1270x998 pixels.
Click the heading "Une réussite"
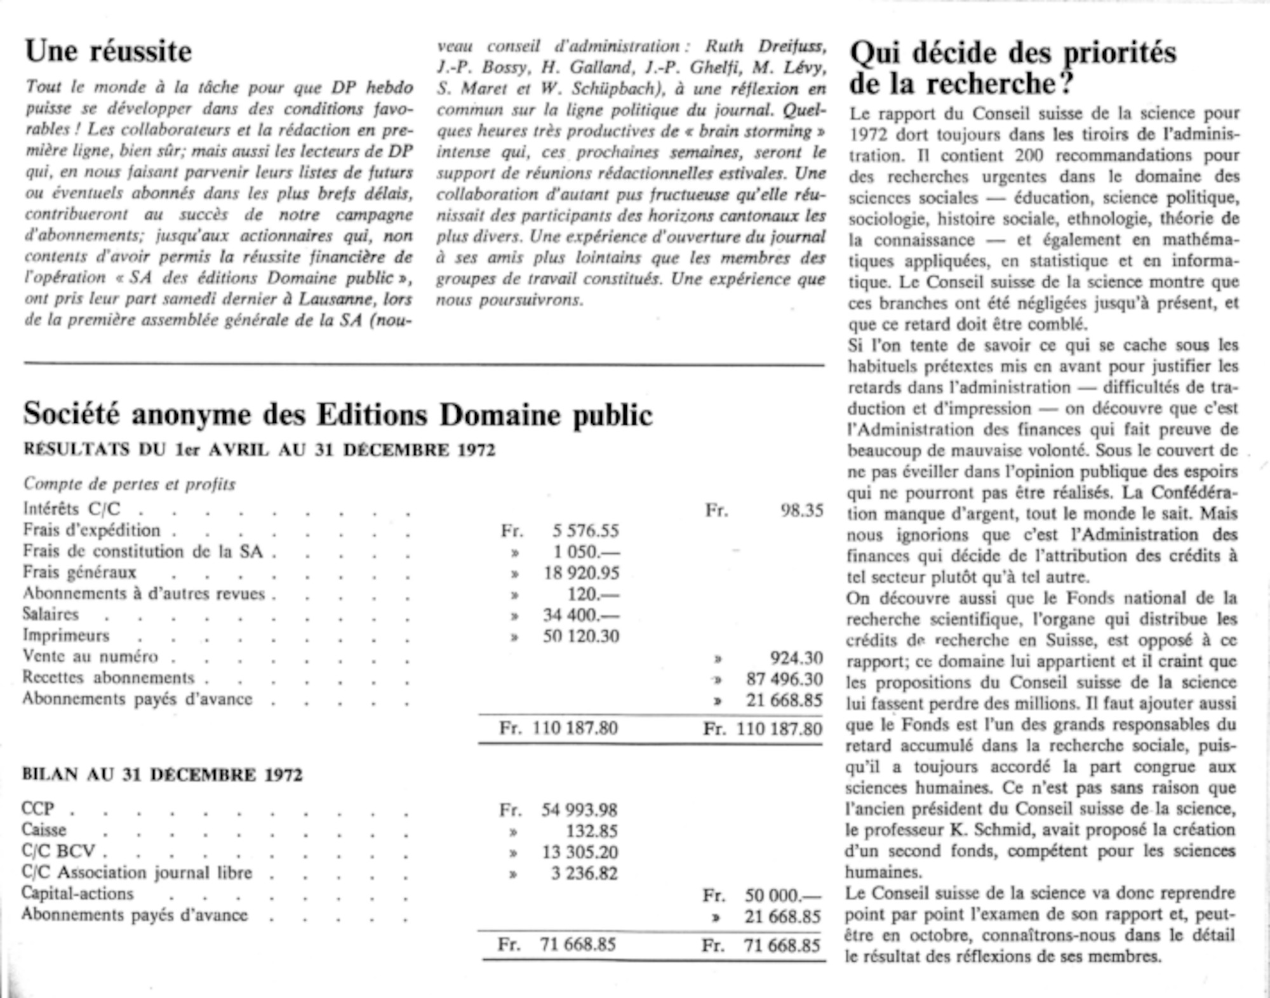pos(108,51)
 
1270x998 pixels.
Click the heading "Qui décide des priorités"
pos(1013,53)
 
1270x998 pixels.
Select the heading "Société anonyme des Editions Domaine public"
pos(338,415)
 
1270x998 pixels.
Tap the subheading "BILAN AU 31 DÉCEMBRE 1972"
pos(162,775)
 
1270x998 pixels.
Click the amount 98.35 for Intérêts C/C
pos(801,510)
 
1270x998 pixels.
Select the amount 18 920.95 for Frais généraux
pos(581,573)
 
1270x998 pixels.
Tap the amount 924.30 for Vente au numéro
pos(796,658)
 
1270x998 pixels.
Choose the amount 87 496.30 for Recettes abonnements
pos(784,679)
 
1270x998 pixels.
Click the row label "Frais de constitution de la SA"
pos(143,552)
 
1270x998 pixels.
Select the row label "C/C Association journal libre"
pos(137,873)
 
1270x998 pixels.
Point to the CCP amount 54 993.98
pos(579,810)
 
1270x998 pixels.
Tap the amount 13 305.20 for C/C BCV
pos(579,852)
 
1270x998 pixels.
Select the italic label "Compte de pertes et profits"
pos(130,484)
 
